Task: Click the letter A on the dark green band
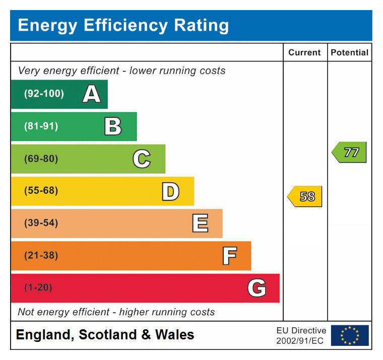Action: click(91, 94)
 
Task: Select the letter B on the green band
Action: click(113, 126)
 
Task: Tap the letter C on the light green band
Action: click(142, 159)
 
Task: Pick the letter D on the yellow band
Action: click(170, 191)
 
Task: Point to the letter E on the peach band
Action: click(200, 224)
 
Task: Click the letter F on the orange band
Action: click(229, 256)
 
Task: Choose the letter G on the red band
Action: click(257, 288)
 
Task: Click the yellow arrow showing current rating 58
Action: click(305, 196)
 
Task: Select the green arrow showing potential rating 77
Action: click(349, 152)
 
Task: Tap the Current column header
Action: click(304, 52)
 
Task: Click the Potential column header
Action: click(349, 52)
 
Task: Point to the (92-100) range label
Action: click(44, 94)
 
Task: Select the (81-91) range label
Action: click(41, 126)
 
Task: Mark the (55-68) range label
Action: click(41, 191)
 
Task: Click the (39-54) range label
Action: click(41, 223)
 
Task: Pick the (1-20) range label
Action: click(38, 287)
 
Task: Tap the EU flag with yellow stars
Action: click(350, 335)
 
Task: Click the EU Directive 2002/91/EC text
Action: click(301, 335)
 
